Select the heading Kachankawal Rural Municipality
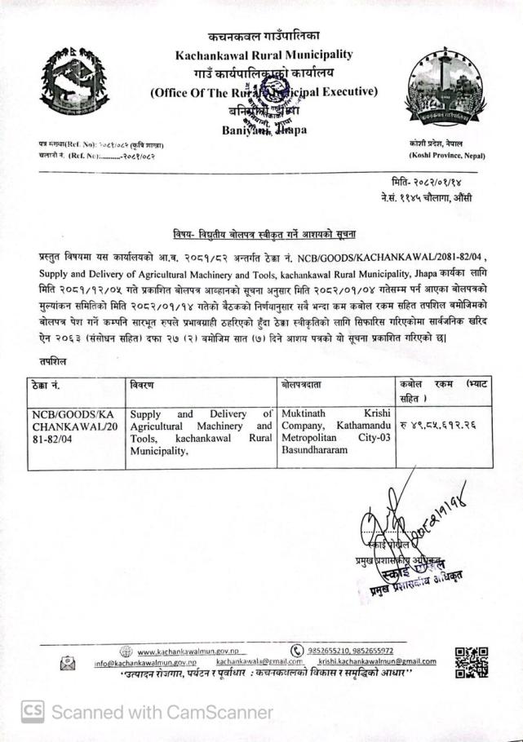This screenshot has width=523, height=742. click(x=264, y=55)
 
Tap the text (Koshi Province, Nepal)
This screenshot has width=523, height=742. click(x=444, y=154)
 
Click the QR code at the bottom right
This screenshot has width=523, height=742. click(x=471, y=662)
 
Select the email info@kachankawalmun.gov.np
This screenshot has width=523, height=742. click(x=148, y=664)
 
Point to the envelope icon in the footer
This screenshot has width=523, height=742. click(x=69, y=664)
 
